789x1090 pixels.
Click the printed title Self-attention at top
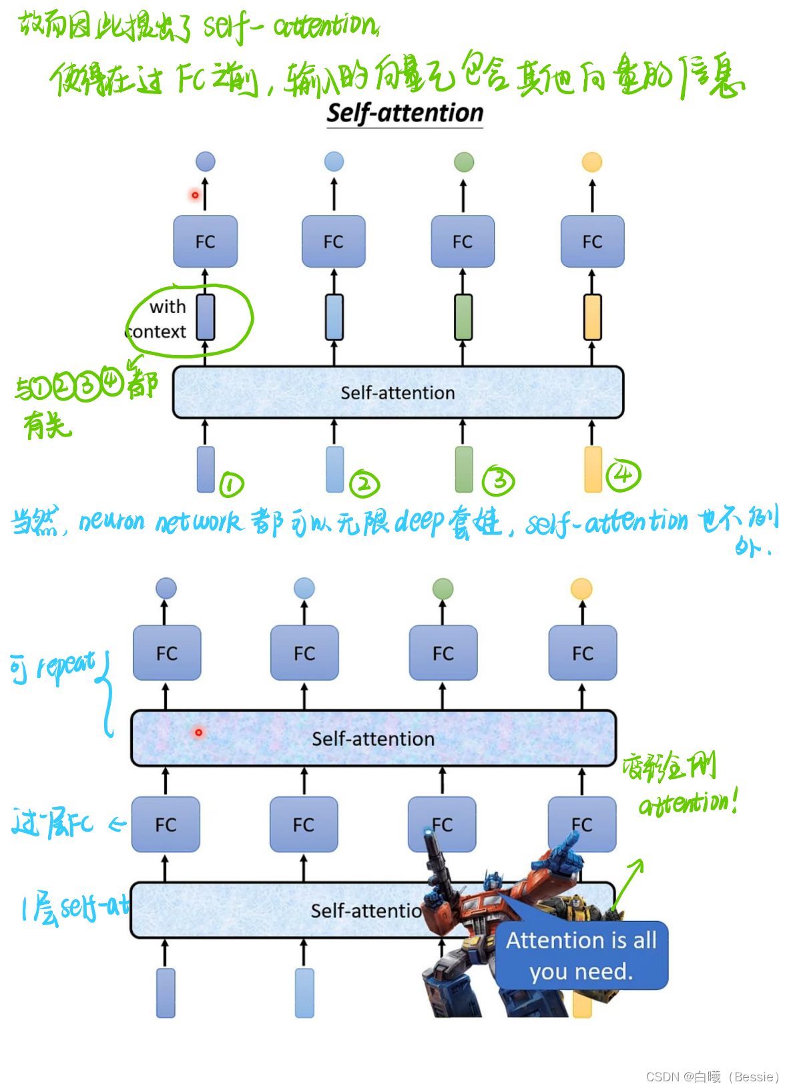(405, 113)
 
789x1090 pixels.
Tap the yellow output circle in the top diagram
(591, 162)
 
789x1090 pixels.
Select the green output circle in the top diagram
(463, 162)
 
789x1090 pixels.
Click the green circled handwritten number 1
(232, 484)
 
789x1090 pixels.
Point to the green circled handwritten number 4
(623, 475)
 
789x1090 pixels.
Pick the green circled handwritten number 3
(499, 481)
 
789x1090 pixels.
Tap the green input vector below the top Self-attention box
(463, 469)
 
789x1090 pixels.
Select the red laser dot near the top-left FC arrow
(195, 195)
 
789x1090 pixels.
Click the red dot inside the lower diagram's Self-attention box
(198, 732)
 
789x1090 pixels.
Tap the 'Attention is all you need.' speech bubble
(581, 955)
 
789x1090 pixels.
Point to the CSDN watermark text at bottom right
(712, 1077)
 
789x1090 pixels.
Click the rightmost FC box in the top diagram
(592, 242)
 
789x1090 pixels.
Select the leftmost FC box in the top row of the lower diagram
(167, 653)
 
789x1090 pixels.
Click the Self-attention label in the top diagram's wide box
(398, 392)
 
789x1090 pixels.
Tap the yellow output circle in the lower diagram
(581, 589)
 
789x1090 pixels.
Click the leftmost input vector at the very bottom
(166, 993)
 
